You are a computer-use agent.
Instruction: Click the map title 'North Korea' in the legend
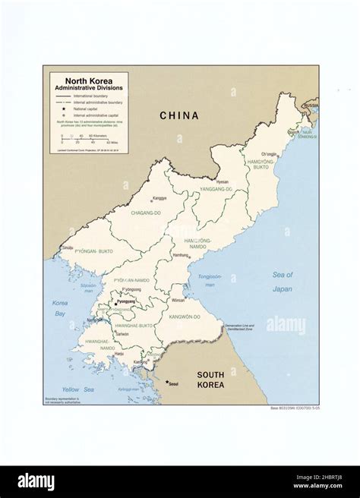click(84, 80)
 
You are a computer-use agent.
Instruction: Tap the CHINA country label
click(178, 116)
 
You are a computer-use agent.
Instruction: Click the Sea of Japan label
click(282, 282)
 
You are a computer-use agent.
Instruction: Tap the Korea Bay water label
click(60, 307)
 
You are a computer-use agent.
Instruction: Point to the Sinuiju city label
click(67, 247)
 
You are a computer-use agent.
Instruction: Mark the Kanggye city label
click(159, 198)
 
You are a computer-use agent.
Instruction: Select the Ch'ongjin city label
click(270, 154)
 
